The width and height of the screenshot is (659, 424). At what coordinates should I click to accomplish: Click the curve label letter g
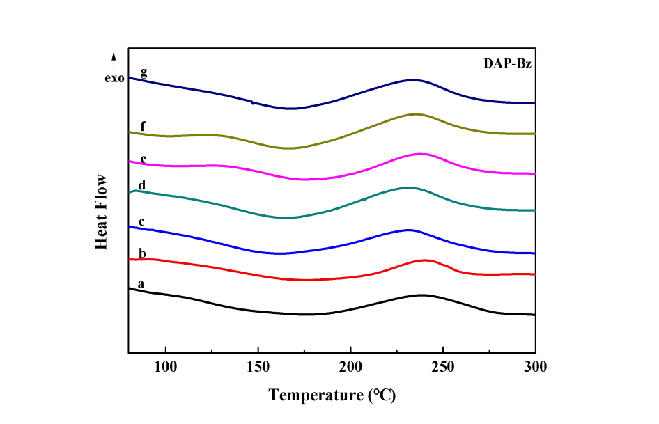point(144,72)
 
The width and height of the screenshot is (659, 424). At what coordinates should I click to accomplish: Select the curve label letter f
point(143,126)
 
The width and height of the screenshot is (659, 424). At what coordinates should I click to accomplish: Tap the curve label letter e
point(143,159)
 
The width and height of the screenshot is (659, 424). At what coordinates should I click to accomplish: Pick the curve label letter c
point(141,221)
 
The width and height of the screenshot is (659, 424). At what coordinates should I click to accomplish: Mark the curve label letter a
point(141,283)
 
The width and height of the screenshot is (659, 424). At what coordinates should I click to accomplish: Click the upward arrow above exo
point(114,60)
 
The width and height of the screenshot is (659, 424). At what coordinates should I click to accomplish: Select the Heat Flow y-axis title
point(102,212)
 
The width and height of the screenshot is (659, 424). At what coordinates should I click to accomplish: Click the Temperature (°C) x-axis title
point(333,395)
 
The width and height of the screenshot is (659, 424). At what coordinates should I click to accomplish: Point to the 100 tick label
point(166,367)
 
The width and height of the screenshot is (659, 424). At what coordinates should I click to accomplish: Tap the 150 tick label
point(258,367)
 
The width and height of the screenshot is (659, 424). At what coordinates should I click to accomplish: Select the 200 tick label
point(351,367)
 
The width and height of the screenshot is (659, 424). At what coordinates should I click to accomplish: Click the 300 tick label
point(535,367)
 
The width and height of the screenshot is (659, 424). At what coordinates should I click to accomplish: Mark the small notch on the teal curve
point(364,200)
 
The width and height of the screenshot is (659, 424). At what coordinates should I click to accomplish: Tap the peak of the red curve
point(426,260)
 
